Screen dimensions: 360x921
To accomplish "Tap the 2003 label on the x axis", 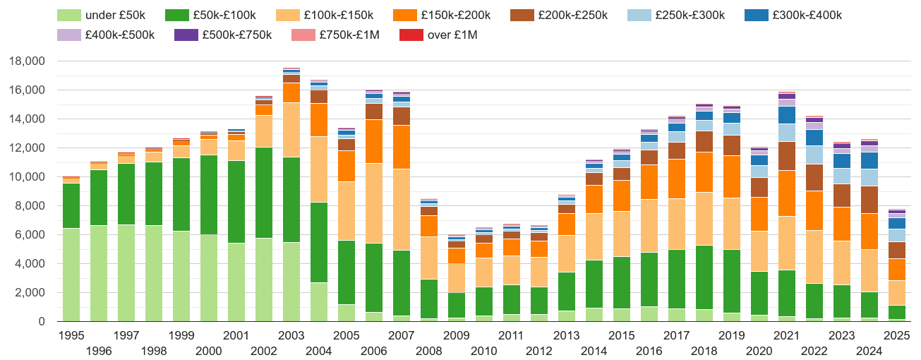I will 291,335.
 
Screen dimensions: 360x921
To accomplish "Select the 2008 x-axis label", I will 428,351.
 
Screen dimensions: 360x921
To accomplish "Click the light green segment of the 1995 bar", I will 71,275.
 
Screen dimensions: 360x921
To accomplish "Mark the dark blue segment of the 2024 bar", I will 869,161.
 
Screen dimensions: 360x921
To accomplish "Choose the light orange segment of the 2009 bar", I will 456,278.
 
